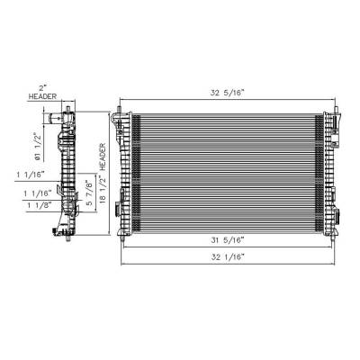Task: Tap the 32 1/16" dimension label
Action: click(x=226, y=256)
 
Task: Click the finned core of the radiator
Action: click(x=225, y=171)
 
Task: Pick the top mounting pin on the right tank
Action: click(x=334, y=112)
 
